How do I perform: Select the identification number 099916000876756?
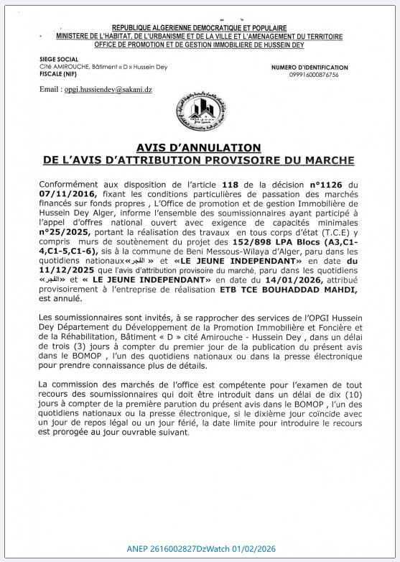click(315, 75)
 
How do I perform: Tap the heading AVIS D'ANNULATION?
click(199, 147)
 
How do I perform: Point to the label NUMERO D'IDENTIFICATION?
click(310, 67)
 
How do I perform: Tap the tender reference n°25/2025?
click(69, 231)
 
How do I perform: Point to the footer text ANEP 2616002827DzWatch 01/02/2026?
click(200, 549)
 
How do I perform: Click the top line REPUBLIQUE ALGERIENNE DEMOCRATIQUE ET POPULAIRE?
click(199, 27)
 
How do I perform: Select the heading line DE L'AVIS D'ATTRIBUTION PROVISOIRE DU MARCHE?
click(199, 160)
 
